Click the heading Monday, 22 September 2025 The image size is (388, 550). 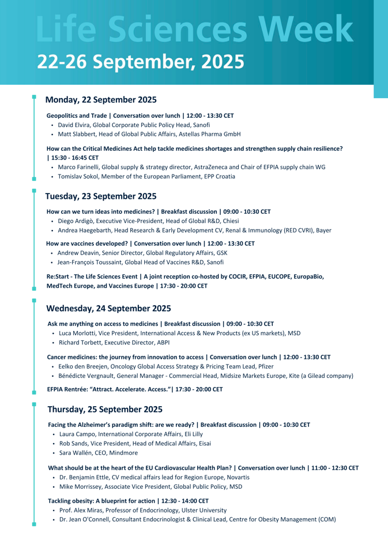tap(101, 100)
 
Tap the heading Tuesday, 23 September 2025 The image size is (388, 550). tap(100, 196)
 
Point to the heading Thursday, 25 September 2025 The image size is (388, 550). tap(104, 409)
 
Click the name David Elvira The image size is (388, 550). tap(73, 125)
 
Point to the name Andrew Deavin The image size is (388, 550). tap(78, 253)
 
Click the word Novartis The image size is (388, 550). tap(236, 477)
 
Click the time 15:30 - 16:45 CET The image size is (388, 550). tap(66, 157)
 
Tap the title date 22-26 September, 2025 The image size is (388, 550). tap(141, 61)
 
